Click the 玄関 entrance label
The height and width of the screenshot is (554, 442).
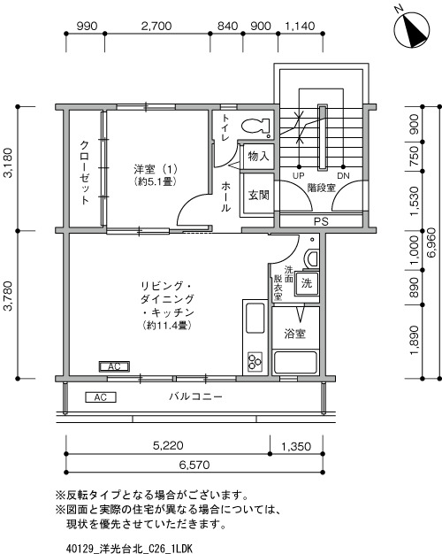tap(258, 195)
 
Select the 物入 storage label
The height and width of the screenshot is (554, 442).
tap(258, 157)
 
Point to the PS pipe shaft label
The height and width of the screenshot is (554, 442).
tap(320, 221)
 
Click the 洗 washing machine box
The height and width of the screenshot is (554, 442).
tap(305, 284)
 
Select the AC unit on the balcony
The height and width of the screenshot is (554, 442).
tap(103, 397)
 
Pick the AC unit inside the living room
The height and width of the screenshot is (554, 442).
tap(112, 366)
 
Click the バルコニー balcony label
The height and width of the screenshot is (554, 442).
tap(196, 397)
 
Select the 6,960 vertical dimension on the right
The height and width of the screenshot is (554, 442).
tap(431, 241)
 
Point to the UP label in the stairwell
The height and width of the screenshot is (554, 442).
tap(299, 175)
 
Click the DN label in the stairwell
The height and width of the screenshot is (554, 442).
tap(343, 175)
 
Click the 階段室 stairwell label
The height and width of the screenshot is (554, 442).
tap(322, 189)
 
